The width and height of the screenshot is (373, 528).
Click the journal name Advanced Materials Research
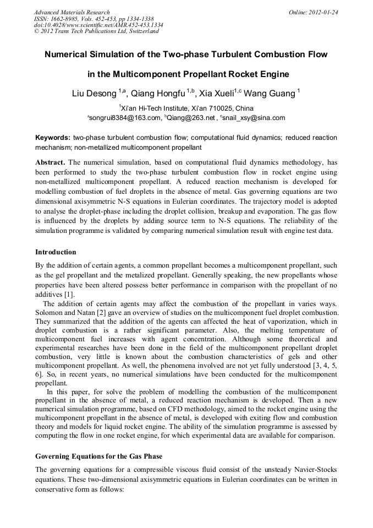pyautogui.click(x=72, y=12)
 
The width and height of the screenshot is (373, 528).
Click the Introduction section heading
pyautogui.click(x=56, y=252)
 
